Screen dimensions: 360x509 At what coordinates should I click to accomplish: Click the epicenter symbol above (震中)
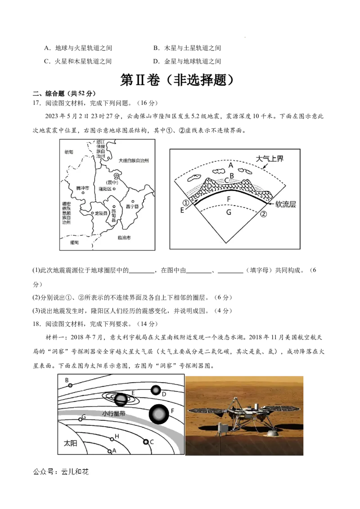(116, 175)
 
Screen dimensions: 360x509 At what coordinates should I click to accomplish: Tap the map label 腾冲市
(82, 188)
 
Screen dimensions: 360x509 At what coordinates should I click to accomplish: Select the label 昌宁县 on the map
(132, 206)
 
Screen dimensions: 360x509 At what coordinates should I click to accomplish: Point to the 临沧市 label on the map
(124, 237)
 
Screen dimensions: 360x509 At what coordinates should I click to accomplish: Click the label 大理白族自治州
(134, 161)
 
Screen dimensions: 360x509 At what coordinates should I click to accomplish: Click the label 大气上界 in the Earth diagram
(270, 158)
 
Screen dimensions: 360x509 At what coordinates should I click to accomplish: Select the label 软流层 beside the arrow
(286, 204)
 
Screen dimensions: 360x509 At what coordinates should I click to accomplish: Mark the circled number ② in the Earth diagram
(264, 214)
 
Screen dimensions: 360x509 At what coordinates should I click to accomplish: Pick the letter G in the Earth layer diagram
(229, 212)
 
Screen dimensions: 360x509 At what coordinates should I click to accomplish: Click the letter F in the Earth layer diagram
(229, 199)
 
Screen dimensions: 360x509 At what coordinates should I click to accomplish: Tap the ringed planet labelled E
(120, 399)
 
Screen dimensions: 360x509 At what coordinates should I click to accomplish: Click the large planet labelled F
(159, 414)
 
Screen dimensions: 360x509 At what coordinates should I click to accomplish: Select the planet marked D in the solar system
(156, 390)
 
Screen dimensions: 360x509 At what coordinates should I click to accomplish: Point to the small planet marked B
(70, 385)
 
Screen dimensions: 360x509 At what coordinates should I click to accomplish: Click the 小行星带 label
(113, 414)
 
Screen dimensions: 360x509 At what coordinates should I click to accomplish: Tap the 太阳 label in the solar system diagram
(71, 443)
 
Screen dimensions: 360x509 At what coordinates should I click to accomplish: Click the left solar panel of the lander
(207, 411)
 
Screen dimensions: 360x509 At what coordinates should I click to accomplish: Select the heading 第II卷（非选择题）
(177, 80)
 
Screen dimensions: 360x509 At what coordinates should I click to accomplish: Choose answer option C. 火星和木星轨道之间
(78, 61)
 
